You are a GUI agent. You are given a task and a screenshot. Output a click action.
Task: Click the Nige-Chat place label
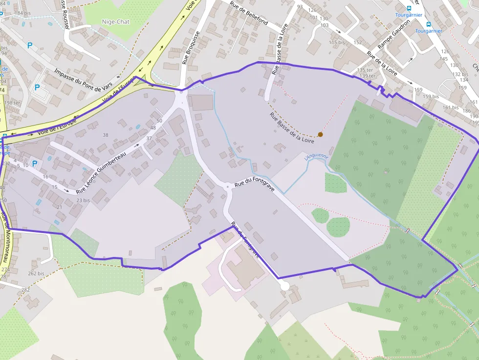tap(116, 21)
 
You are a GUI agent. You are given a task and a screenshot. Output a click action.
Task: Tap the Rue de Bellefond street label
tap(249, 14)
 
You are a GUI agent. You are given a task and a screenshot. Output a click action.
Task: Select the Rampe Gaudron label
tap(394, 41)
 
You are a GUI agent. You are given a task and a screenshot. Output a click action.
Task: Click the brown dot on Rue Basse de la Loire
tap(320, 134)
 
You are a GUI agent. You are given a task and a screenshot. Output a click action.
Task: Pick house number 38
tap(106, 135)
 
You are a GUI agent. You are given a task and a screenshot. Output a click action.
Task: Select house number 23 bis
tap(83, 200)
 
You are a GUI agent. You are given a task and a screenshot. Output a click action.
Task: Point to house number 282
tap(25, 290)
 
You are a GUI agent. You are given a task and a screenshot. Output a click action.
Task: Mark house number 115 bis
tap(337, 42)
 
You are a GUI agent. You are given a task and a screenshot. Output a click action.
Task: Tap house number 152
tap(357, 42)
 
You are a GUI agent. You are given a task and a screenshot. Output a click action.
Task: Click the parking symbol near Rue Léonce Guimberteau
tap(34, 164)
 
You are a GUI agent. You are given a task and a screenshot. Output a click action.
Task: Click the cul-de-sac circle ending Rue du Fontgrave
tap(284, 286)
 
